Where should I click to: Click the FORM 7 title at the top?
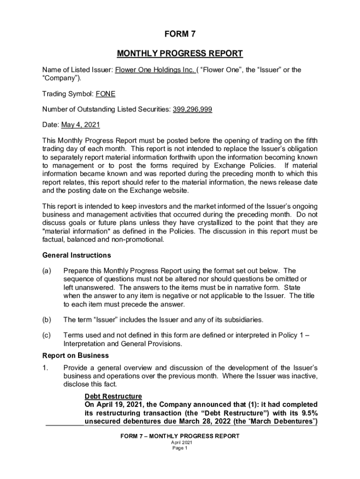180,34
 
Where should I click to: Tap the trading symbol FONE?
105,94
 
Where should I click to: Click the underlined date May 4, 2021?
80,125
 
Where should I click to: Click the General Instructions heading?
77,255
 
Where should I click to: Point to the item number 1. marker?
45,368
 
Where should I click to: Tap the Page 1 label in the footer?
180,448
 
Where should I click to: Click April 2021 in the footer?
180,442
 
